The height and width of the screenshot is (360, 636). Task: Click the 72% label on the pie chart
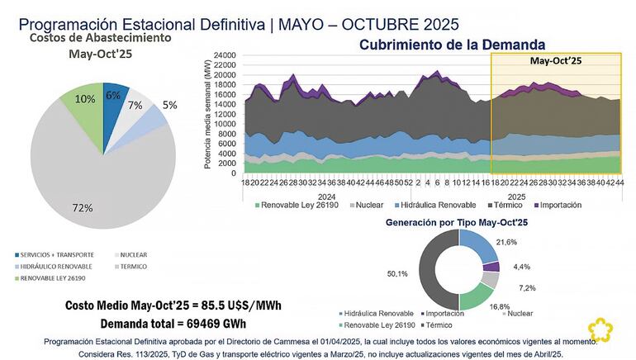pos(82,208)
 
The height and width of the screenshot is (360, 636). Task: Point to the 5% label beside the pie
pos(168,106)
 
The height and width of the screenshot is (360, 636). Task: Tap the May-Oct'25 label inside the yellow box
pos(557,60)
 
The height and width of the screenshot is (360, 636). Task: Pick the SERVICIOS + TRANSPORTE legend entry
pos(59,255)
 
